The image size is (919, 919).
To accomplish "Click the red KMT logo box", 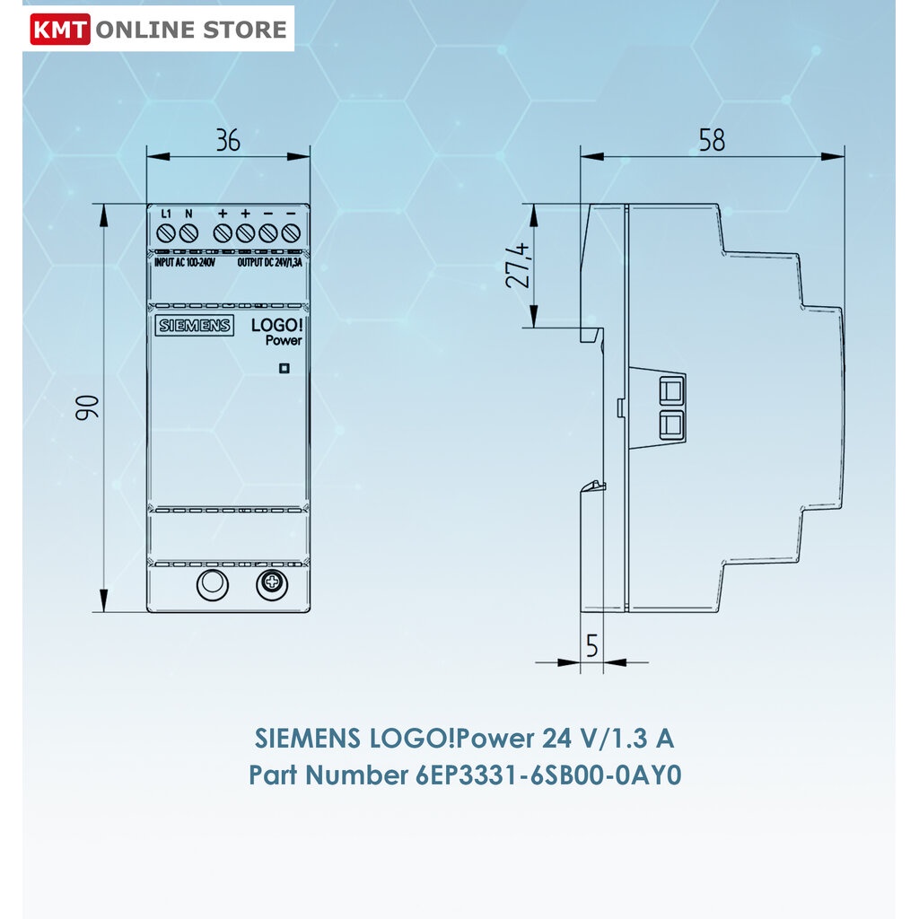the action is (x=60, y=30).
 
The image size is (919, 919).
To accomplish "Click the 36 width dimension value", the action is (x=228, y=140).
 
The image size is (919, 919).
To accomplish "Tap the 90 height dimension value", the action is (x=87, y=407).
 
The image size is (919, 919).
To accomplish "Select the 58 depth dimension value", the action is (x=712, y=140).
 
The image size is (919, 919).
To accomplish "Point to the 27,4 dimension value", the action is (x=518, y=266).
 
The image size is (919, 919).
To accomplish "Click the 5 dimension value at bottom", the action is (x=592, y=646).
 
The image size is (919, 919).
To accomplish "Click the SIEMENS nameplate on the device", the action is (x=195, y=325).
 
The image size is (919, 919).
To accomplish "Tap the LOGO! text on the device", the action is (x=276, y=325).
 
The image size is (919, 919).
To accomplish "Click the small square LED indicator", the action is (x=284, y=368).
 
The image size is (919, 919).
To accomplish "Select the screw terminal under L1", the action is (x=166, y=233).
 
